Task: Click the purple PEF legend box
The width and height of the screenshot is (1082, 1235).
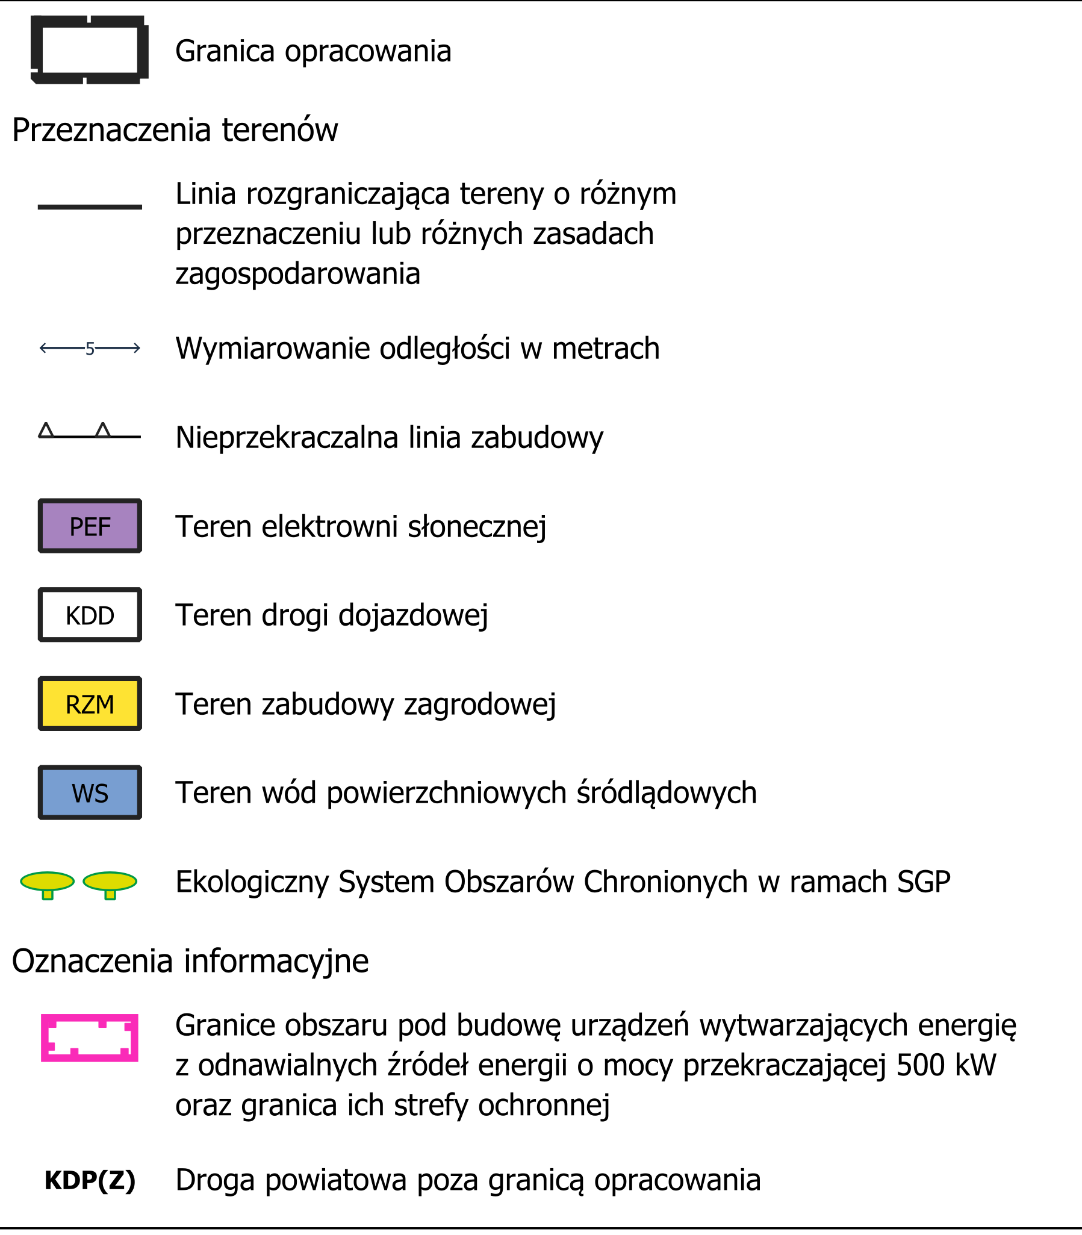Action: tap(90, 526)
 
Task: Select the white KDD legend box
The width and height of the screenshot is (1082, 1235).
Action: tap(90, 615)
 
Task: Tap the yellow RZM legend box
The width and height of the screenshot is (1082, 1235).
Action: tap(90, 703)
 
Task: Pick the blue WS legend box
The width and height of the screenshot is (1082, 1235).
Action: tap(90, 792)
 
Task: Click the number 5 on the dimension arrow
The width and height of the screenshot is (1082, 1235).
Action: tap(90, 349)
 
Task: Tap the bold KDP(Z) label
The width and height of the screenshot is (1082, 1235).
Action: tap(90, 1180)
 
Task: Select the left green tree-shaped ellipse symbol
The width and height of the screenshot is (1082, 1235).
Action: tap(47, 883)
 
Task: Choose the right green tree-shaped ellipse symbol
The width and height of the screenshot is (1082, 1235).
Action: tap(110, 883)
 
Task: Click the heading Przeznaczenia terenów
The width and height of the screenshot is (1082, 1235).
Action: tap(175, 129)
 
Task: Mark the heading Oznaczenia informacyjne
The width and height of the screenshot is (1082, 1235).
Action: tap(190, 960)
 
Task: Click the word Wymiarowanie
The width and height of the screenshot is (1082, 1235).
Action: tap(272, 349)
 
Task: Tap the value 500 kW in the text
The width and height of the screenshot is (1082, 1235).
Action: tap(946, 1065)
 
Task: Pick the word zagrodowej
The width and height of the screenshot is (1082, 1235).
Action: tap(480, 704)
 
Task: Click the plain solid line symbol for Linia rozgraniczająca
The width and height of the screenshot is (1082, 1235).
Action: tap(90, 207)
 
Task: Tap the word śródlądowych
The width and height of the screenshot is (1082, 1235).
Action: tap(667, 792)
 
